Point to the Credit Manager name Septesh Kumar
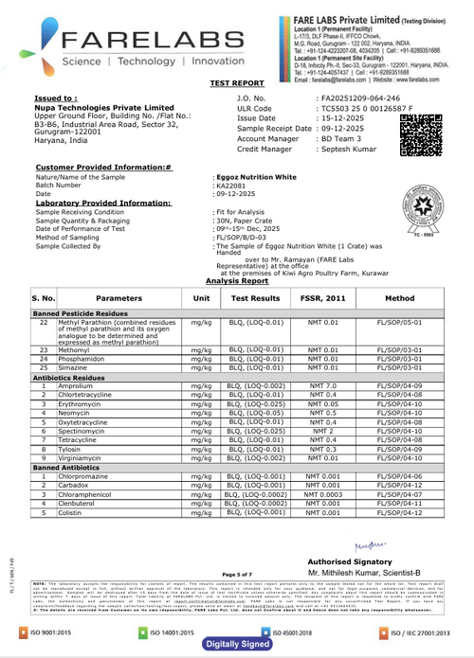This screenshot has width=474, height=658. point(348,150)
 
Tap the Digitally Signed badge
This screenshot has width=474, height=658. point(235,644)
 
